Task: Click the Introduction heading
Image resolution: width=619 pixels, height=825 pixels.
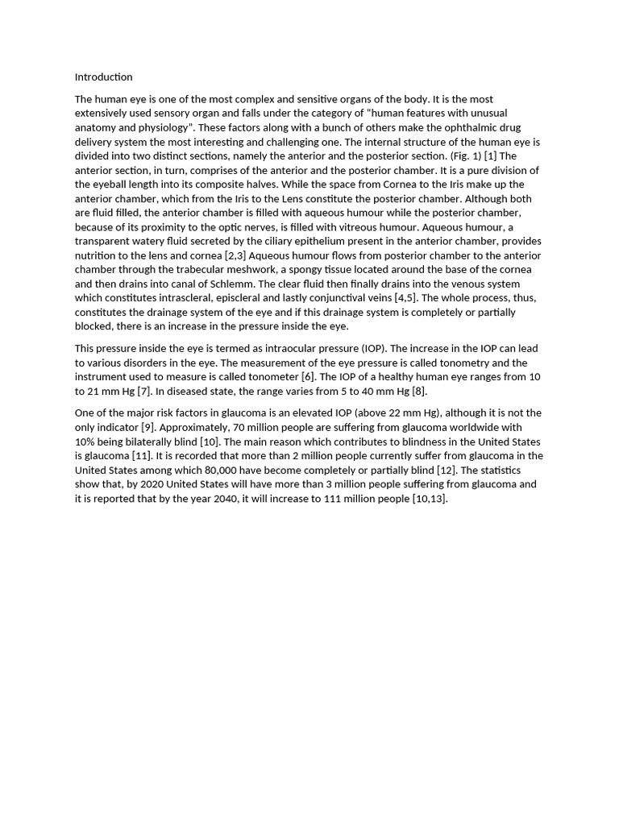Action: (x=103, y=77)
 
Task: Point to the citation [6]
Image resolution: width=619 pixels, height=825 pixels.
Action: (x=308, y=376)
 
